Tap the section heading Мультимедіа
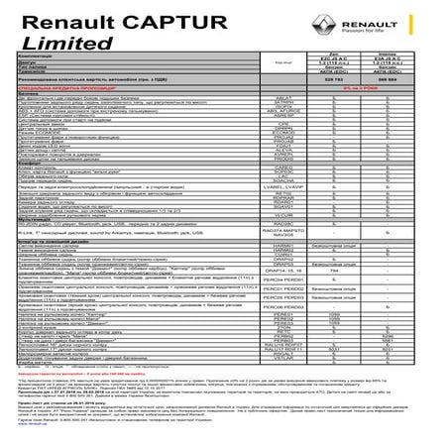click(x=36, y=247)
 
